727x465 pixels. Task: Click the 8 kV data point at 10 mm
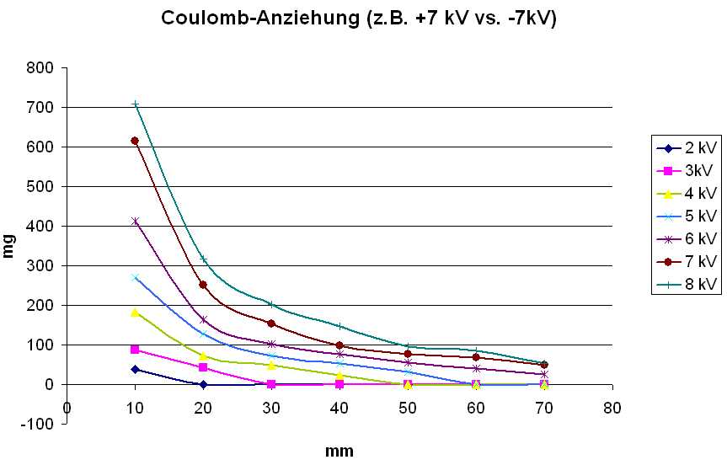(135, 104)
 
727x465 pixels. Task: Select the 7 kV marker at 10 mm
(135, 141)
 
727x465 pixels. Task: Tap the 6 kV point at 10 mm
(135, 222)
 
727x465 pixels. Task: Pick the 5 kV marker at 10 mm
(135, 276)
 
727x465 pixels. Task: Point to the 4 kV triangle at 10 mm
(135, 313)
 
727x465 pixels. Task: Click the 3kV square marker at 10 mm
(135, 350)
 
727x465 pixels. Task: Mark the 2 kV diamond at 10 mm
(135, 369)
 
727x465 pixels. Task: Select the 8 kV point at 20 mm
(203, 259)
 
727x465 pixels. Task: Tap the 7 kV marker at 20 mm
(203, 285)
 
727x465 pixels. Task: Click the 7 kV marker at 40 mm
(339, 345)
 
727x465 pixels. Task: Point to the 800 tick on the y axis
(44, 68)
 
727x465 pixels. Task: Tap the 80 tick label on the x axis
(612, 408)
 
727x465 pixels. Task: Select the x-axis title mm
(339, 450)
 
